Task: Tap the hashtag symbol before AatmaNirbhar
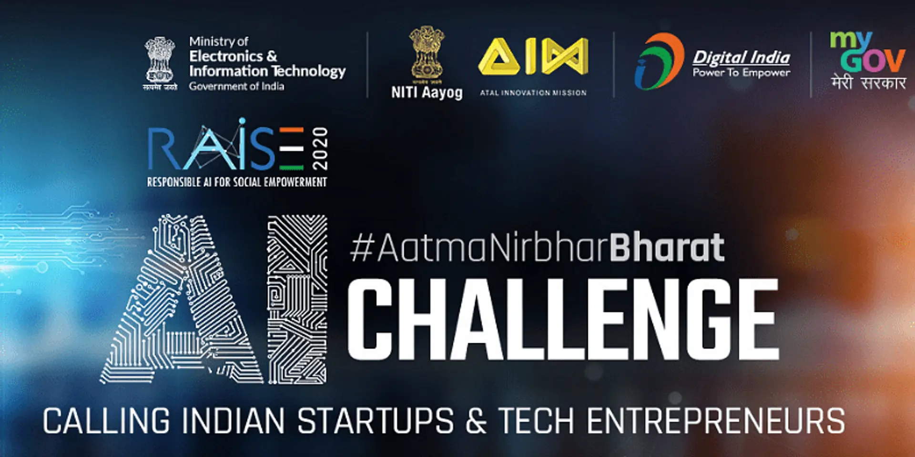coord(361,248)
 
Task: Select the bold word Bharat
coord(667,248)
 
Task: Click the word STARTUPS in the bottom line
coord(375,421)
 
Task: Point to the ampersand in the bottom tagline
coord(476,421)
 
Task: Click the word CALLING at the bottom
coord(106,421)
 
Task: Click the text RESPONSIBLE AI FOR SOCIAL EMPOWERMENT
coord(237,182)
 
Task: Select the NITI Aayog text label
coord(427,92)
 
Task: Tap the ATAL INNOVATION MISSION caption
coord(533,93)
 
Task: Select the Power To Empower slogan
coord(741,73)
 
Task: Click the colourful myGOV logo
coord(867,51)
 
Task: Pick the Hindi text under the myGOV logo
coord(868,83)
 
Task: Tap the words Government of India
coord(236,86)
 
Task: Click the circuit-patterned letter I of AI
coord(297,299)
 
